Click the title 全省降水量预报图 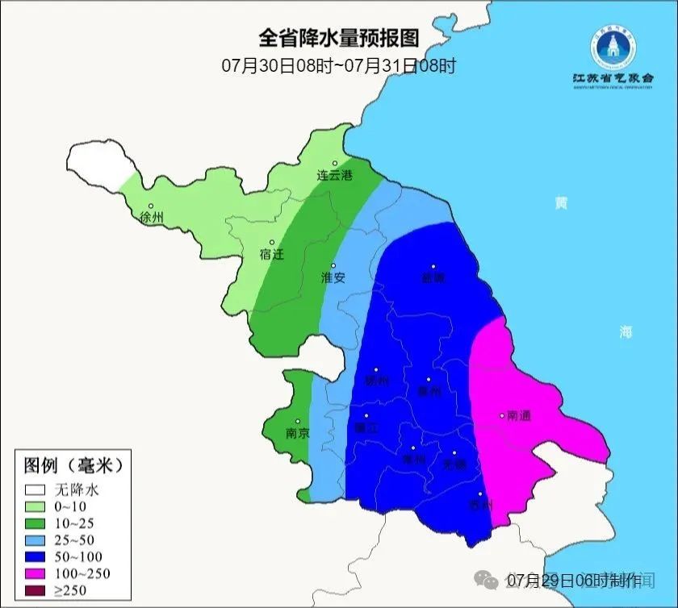click(x=339, y=38)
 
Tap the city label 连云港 click(x=334, y=175)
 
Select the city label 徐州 click(x=151, y=218)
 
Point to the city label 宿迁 click(x=272, y=254)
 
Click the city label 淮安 click(x=333, y=277)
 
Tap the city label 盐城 click(x=433, y=277)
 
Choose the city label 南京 click(x=298, y=433)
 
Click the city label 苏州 click(x=480, y=506)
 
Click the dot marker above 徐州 click(x=150, y=206)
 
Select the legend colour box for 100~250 click(x=35, y=573)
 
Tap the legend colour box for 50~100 click(x=35, y=556)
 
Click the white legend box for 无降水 click(x=35, y=489)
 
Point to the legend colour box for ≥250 click(x=35, y=590)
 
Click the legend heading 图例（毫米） click(x=73, y=465)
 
